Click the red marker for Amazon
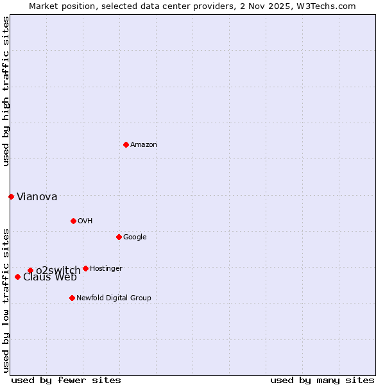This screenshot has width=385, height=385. coord(126,144)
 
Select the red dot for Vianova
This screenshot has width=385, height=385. coord(11,196)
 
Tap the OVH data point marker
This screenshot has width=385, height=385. coord(73,221)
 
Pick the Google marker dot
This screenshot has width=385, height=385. coord(119,237)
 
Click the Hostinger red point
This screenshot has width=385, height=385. coord(85,268)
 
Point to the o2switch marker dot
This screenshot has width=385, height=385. coord(30,270)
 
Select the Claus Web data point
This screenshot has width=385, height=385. coord(17,277)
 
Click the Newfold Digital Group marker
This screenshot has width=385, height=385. coord(72,298)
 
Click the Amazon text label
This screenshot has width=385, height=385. coord(143,145)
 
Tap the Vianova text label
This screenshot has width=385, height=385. coord(37,197)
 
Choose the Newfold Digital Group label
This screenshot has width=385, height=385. coord(114,298)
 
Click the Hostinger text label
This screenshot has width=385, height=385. coord(106,268)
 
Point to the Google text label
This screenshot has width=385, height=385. coord(135,237)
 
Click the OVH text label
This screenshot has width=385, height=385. coord(85,221)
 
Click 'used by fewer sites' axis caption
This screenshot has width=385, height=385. coord(66,380)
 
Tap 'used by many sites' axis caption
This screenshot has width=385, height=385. coord(321,380)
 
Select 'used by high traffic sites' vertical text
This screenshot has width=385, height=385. coord(6,91)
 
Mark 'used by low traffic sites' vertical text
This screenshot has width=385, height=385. coord(6,300)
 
